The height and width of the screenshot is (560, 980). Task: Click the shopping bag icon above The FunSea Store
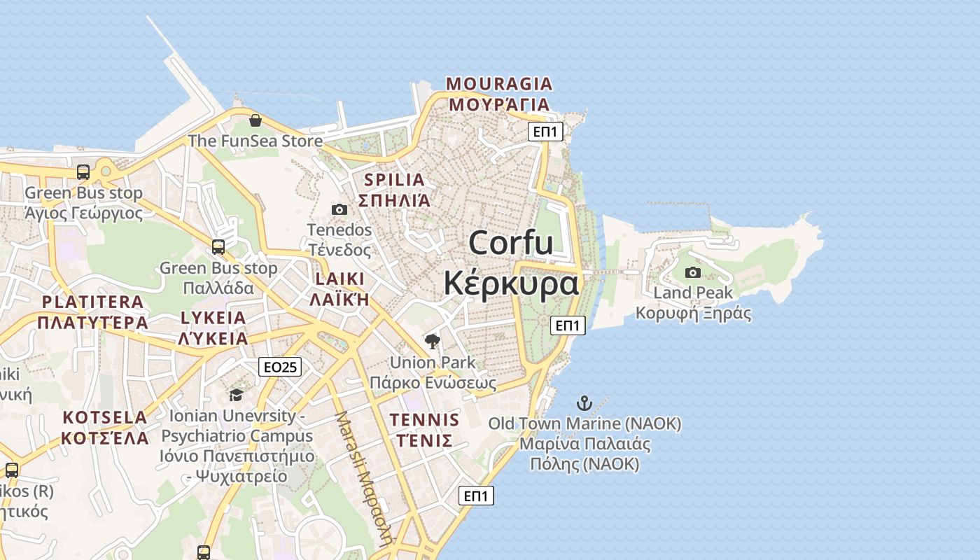pyautogui.click(x=255, y=120)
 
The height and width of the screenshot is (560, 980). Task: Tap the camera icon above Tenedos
pyautogui.click(x=339, y=209)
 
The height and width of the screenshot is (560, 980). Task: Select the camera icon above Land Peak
pyautogui.click(x=693, y=272)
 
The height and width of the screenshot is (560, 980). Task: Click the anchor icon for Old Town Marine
pyautogui.click(x=584, y=403)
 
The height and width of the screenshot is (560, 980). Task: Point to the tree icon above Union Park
pyautogui.click(x=433, y=342)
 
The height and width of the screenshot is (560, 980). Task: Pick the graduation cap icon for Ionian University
pyautogui.click(x=236, y=395)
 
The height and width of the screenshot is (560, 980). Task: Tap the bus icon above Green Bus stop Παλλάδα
pyautogui.click(x=218, y=246)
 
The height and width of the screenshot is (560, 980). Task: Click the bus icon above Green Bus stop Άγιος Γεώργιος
pyautogui.click(x=83, y=171)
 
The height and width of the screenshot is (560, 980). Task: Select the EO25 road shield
pyautogui.click(x=280, y=367)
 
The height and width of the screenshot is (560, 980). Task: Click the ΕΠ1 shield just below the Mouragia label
pyautogui.click(x=545, y=132)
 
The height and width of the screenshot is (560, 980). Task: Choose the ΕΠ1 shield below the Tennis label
pyautogui.click(x=477, y=496)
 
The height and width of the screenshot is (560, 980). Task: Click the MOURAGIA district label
pyautogui.click(x=499, y=84)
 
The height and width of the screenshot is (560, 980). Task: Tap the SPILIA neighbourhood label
pyautogui.click(x=394, y=180)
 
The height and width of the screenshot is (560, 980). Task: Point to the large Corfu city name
pyautogui.click(x=511, y=243)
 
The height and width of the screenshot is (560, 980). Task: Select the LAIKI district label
pyautogui.click(x=339, y=279)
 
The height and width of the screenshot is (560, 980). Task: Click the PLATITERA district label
pyautogui.click(x=92, y=302)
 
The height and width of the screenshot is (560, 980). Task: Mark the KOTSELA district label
pyautogui.click(x=105, y=418)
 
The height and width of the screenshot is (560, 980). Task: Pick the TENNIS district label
pyautogui.click(x=424, y=420)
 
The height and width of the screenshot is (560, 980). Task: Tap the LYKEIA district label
pyautogui.click(x=213, y=318)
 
